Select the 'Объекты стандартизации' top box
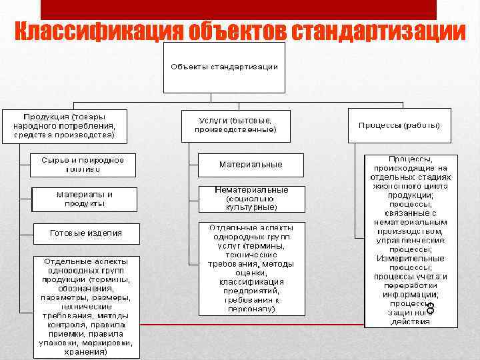click(224, 67)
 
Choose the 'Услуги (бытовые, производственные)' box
click(236, 125)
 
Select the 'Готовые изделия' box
click(87, 233)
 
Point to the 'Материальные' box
click(251, 165)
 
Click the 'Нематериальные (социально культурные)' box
click(251, 198)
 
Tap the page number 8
click(430, 309)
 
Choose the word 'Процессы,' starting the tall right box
click(411, 160)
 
